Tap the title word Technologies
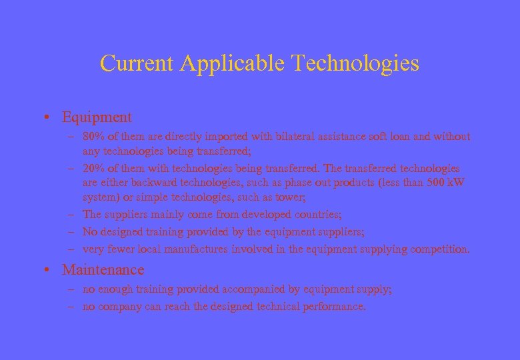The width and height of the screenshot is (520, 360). click(x=355, y=63)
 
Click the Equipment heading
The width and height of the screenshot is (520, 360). click(x=97, y=117)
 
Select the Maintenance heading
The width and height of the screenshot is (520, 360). click(x=103, y=270)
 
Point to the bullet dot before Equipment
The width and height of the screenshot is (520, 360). click(x=51, y=118)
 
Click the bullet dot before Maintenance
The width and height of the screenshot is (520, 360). click(x=51, y=271)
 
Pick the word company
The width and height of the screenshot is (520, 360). click(x=118, y=307)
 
